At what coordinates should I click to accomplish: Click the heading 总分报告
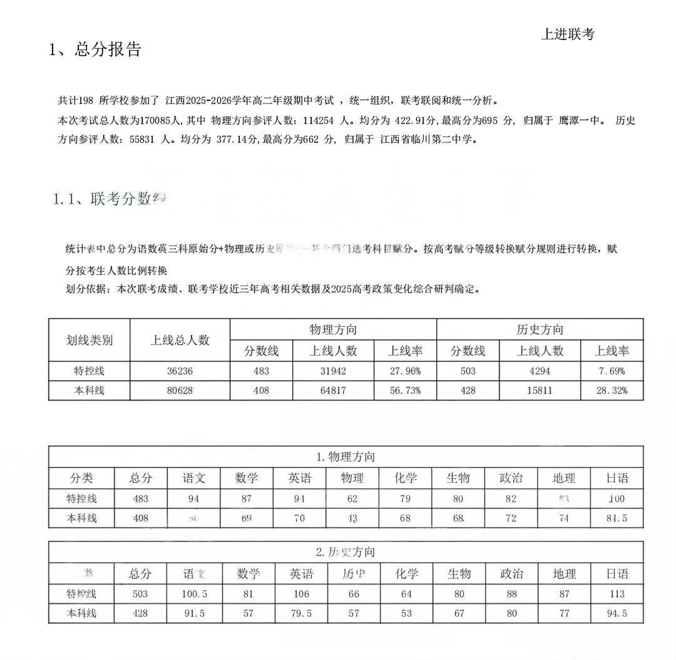click(108, 49)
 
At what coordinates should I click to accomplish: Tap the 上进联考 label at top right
click(567, 34)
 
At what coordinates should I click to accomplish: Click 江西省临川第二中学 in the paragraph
click(429, 140)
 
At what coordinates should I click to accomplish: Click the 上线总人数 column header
click(180, 340)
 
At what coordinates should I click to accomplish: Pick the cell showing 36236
click(180, 371)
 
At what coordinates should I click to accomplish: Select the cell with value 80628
click(180, 391)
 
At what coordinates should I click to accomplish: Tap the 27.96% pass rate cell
click(405, 371)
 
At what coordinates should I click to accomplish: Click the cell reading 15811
click(540, 391)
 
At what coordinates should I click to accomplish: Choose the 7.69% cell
click(612, 371)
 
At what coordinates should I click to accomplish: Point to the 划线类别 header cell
click(90, 340)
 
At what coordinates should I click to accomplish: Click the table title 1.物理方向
click(346, 456)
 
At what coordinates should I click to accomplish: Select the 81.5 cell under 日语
click(617, 518)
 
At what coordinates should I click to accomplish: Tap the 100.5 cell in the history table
click(193, 594)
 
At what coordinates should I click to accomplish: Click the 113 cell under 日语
click(617, 594)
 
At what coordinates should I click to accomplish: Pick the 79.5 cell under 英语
click(300, 614)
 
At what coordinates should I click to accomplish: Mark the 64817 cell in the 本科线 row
click(333, 391)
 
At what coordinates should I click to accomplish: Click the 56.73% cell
click(405, 391)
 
